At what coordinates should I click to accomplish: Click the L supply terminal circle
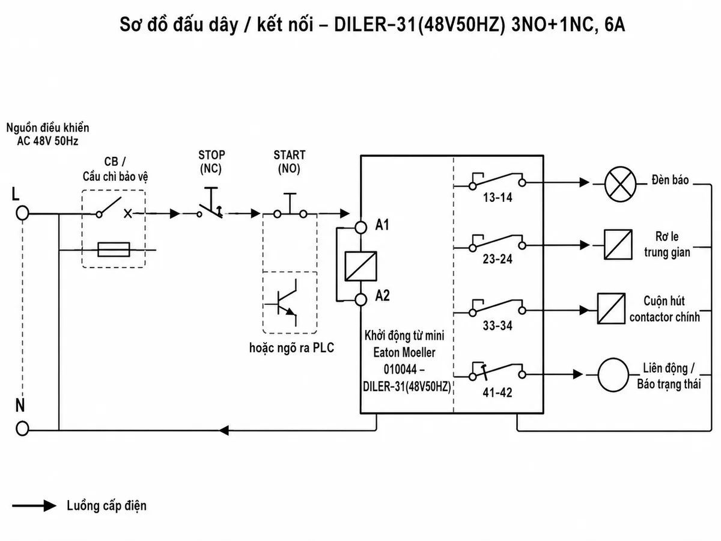pos(22,213)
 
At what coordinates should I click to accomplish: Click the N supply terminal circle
pos(22,429)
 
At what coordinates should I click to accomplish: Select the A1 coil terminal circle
pos(360,227)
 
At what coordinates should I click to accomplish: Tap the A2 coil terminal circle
pos(360,299)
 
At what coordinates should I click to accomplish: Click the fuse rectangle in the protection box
pos(114,249)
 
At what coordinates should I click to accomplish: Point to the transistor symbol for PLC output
pos(282,303)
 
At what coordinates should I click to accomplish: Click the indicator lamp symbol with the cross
pos(620,183)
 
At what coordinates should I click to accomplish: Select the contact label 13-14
pos(497,197)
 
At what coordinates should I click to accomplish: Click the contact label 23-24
pos(497,259)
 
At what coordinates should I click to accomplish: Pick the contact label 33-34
pos(497,326)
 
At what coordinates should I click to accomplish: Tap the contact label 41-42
pos(497,392)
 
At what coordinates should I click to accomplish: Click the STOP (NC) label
pos(211,162)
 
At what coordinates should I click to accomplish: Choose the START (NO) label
pos(290,162)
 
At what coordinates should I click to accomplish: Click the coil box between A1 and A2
pos(360,266)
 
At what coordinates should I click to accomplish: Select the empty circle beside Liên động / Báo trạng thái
pos(613,374)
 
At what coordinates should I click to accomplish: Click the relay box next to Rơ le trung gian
pos(618,245)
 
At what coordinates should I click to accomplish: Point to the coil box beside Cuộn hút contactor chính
pos(611,308)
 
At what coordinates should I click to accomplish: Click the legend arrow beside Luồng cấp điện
pos(34,506)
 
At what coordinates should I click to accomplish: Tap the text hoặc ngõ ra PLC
pos(291,348)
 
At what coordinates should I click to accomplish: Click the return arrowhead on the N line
pos(224,430)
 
